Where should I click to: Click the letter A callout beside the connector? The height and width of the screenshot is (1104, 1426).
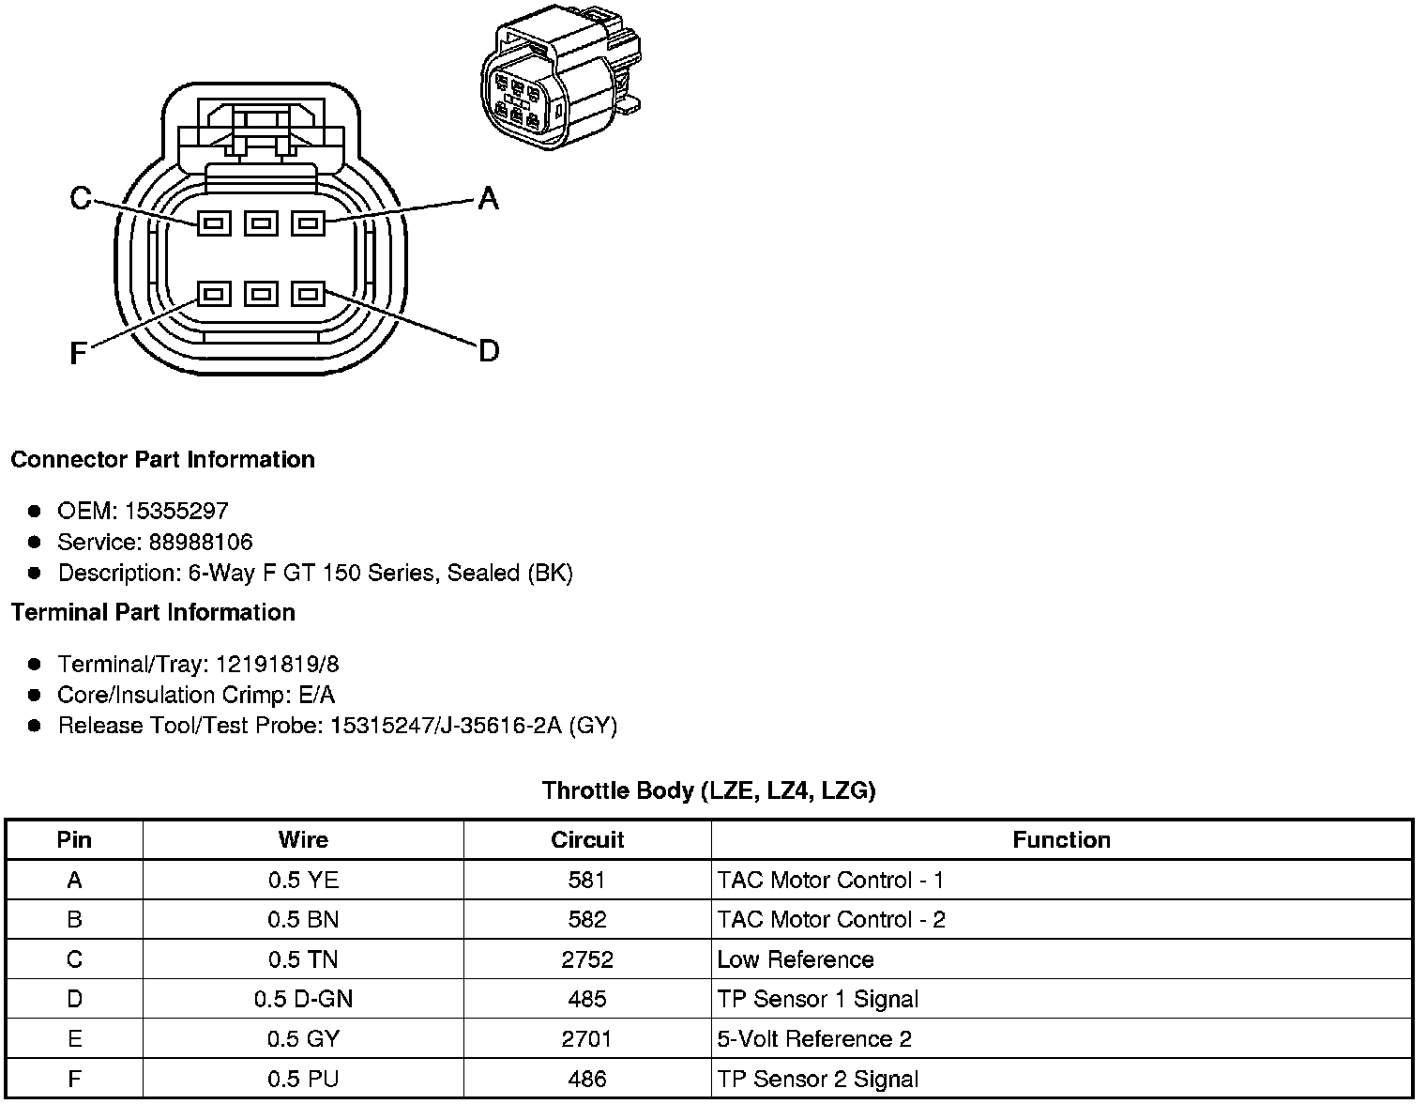(x=488, y=198)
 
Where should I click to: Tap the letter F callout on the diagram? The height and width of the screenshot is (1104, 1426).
(x=79, y=353)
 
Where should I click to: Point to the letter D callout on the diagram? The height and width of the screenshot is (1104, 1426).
(x=489, y=351)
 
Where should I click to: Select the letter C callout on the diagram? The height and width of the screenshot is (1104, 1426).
(x=81, y=198)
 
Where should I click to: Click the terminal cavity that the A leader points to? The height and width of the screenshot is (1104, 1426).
(x=308, y=223)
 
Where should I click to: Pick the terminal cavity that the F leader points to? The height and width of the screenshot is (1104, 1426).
(x=214, y=295)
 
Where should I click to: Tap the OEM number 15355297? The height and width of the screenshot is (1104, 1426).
(x=176, y=511)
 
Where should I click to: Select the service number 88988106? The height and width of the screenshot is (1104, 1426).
(x=201, y=542)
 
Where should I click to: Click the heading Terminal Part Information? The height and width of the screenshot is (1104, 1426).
(x=153, y=612)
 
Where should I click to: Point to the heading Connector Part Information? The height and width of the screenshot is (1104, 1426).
(x=162, y=459)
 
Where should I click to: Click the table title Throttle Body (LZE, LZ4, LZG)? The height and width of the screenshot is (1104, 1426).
(x=709, y=790)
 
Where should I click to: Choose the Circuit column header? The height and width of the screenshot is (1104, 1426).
(x=587, y=839)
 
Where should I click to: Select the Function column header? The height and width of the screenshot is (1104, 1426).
(x=1061, y=839)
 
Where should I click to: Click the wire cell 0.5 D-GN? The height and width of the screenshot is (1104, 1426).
(x=303, y=999)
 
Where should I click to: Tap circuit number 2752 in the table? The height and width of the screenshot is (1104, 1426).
(x=587, y=959)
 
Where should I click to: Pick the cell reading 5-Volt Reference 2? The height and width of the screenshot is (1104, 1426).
(x=814, y=1039)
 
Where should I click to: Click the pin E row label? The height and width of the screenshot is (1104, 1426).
(x=74, y=1039)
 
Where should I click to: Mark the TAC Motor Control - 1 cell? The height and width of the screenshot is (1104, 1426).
(x=830, y=880)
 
